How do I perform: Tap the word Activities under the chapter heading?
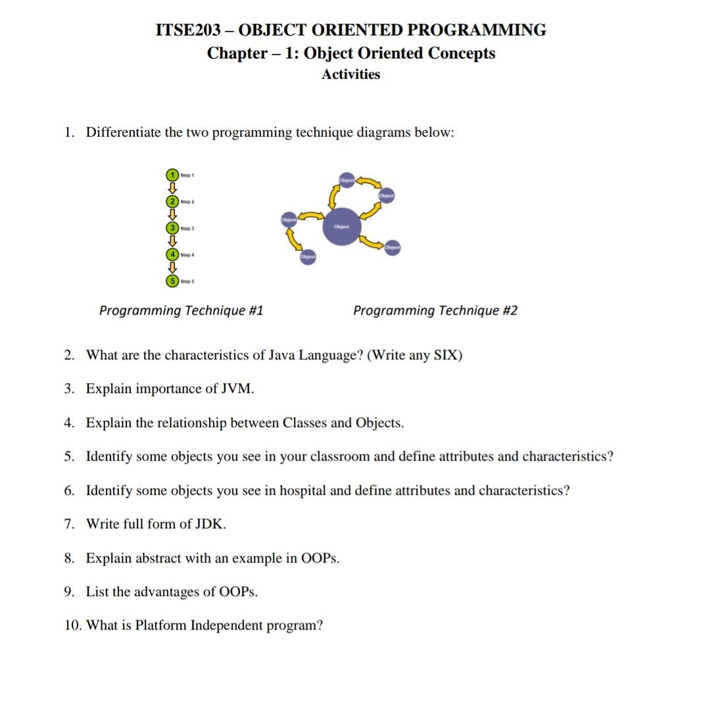[350, 74]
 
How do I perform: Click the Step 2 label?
[187, 202]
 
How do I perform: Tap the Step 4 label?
[187, 255]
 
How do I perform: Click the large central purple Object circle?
[341, 227]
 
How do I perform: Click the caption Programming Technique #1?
[181, 311]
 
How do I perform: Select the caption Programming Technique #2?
[435, 311]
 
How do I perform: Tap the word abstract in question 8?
[160, 559]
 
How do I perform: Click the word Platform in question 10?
[160, 626]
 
